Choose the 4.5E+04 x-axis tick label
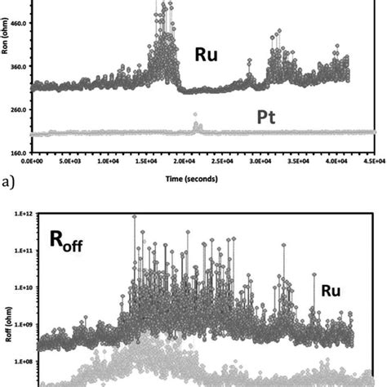(373, 162)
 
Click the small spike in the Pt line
(196, 125)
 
